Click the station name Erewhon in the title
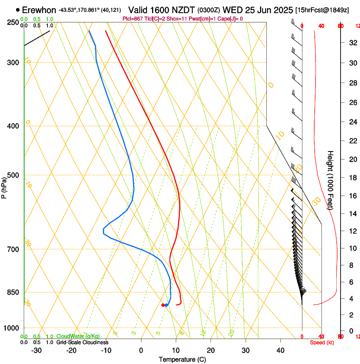point(39,10)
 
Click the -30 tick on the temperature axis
point(36,350)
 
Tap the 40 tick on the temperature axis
point(280,350)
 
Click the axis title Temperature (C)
point(182,359)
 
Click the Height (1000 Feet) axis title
point(330,180)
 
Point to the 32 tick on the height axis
point(352,42)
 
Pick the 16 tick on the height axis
point(352,196)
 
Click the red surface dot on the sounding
point(163,305)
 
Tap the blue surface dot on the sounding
point(166,305)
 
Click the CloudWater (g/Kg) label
point(78,336)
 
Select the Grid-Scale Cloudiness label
point(82,342)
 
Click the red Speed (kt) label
point(322,342)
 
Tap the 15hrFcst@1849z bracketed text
point(322,10)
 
